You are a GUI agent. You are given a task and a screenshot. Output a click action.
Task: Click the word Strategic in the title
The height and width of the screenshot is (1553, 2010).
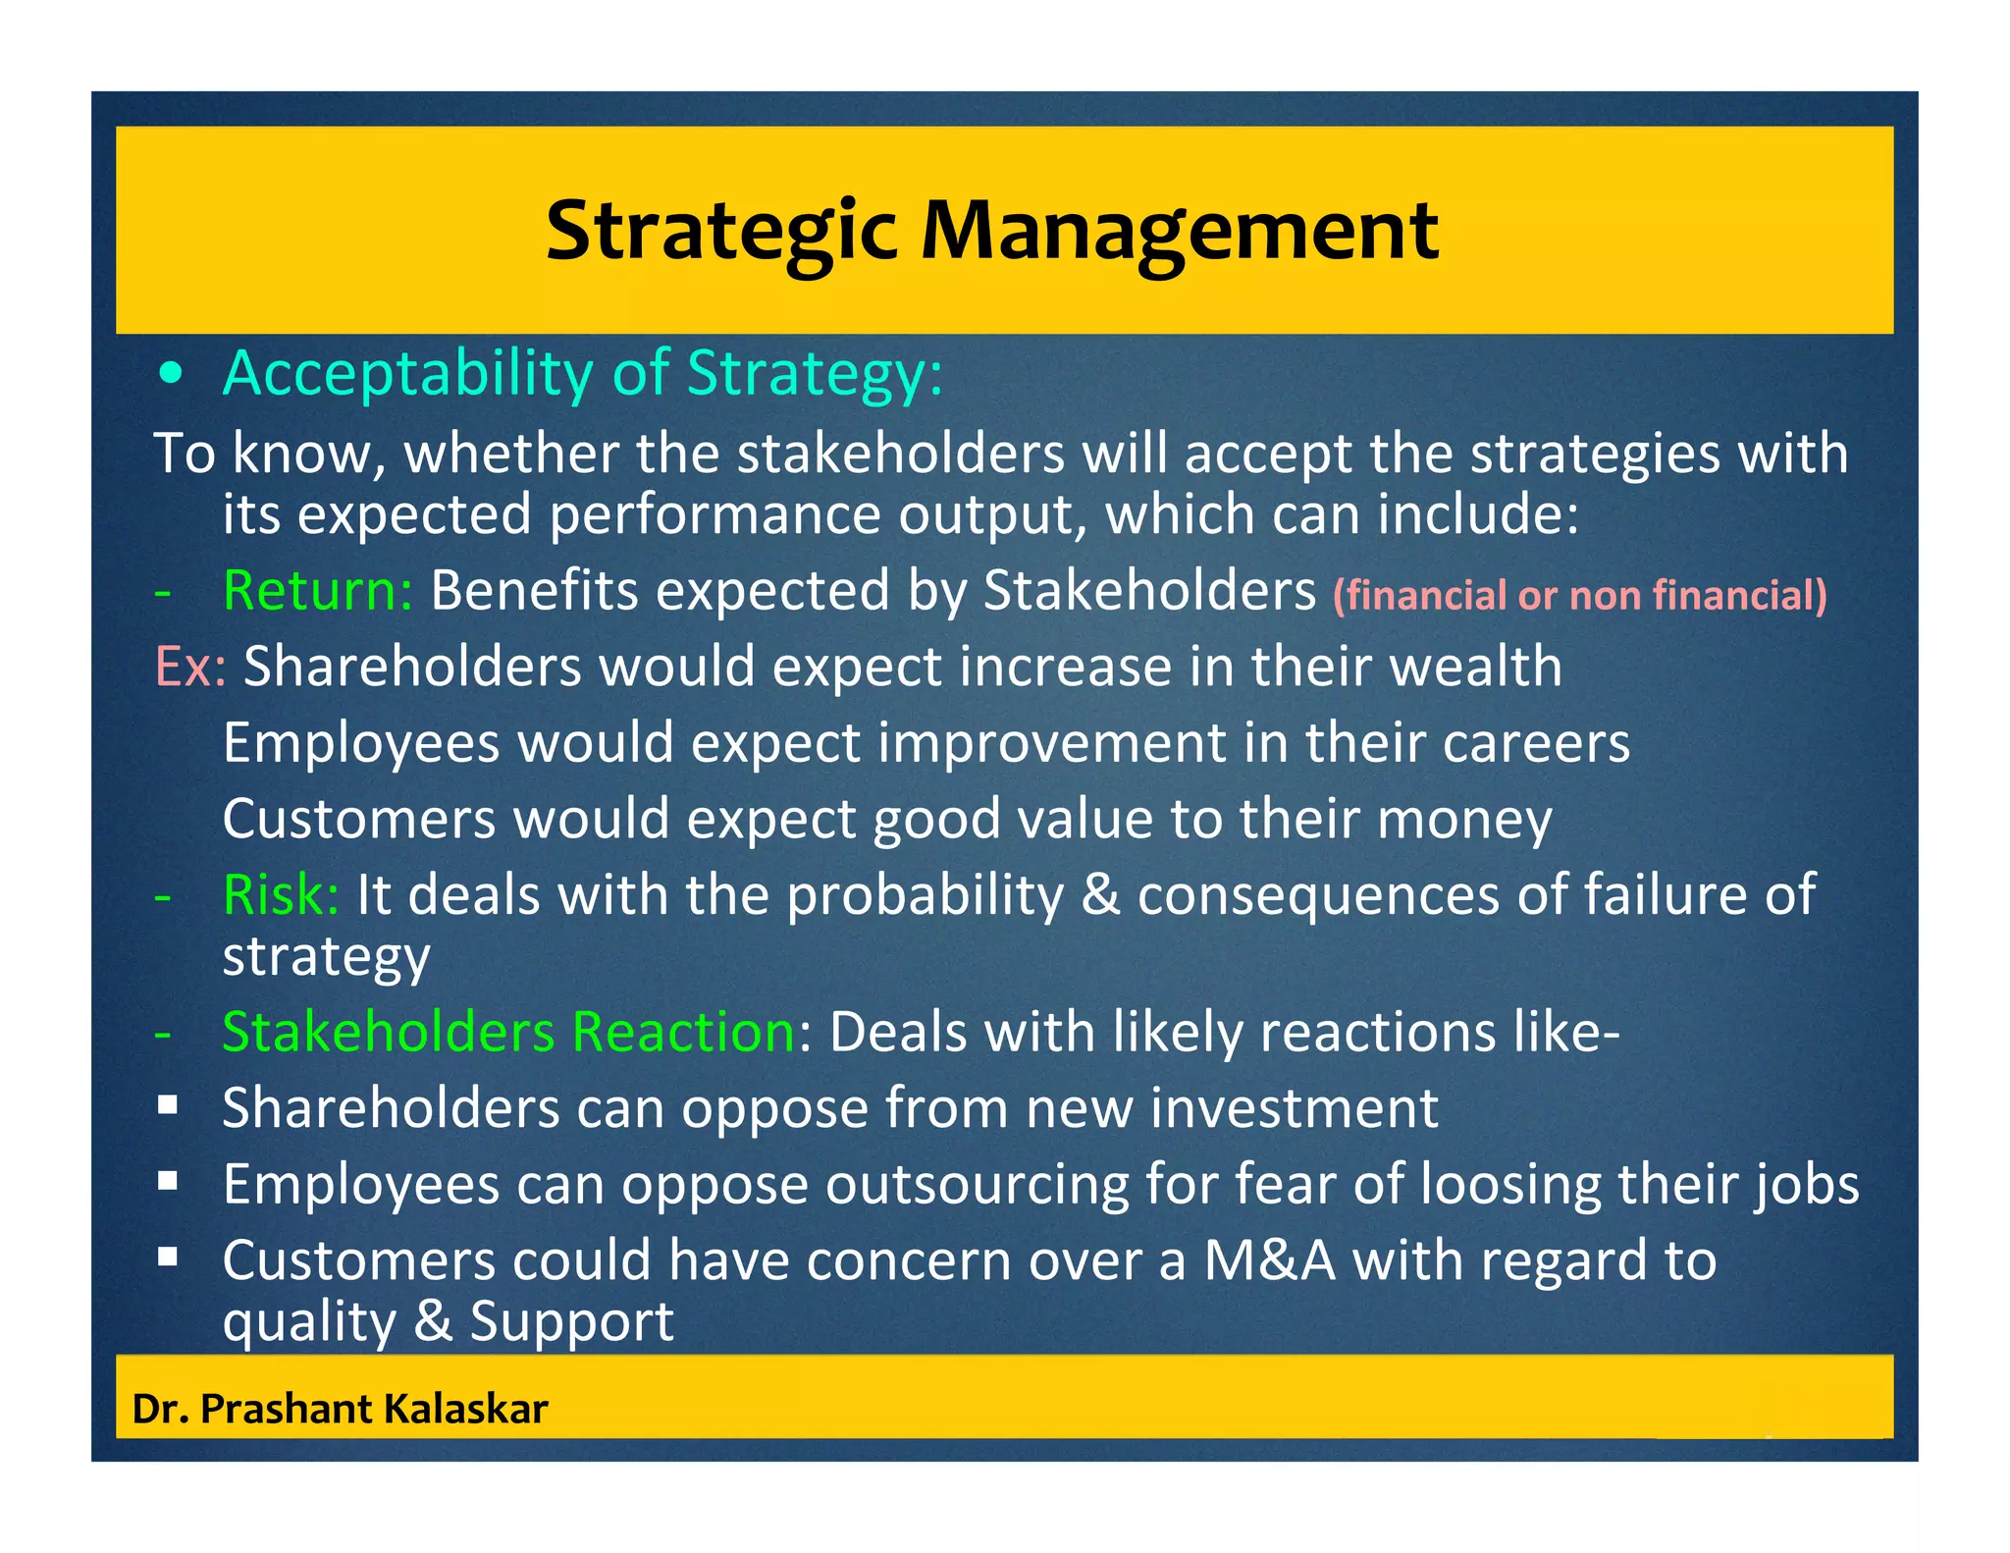pyautogui.click(x=720, y=232)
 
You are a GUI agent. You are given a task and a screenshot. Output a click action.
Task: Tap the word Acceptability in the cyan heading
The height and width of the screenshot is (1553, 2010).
pyautogui.click(x=408, y=374)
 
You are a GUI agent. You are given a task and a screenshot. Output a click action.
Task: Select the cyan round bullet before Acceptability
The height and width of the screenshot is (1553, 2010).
pyautogui.click(x=172, y=374)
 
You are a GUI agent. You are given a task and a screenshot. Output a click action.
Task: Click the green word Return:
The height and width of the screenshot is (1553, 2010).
pyautogui.click(x=318, y=591)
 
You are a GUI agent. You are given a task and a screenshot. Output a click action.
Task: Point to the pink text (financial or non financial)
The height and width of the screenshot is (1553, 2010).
pyautogui.click(x=1579, y=596)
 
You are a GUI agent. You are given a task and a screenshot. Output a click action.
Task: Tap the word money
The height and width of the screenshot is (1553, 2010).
pyautogui.click(x=1464, y=820)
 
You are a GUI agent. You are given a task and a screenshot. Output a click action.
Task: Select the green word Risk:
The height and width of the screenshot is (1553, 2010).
pyautogui.click(x=281, y=895)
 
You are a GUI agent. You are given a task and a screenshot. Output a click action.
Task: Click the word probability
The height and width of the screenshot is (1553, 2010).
pyautogui.click(x=925, y=895)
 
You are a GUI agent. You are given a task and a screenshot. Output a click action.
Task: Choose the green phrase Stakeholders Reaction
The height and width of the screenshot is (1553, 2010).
pyautogui.click(x=508, y=1033)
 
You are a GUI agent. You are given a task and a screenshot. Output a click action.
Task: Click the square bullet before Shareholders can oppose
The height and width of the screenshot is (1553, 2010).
pyautogui.click(x=168, y=1106)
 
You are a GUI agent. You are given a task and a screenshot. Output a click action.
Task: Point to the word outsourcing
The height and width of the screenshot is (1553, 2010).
pyautogui.click(x=977, y=1184)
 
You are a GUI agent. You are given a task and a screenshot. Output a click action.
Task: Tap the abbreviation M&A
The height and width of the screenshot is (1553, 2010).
pyautogui.click(x=1269, y=1260)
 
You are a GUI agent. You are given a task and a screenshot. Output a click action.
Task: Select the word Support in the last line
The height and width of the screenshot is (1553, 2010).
pyautogui.click(x=571, y=1321)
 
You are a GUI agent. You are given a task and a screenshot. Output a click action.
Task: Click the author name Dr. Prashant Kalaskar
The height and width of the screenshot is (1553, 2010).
pyautogui.click(x=340, y=1410)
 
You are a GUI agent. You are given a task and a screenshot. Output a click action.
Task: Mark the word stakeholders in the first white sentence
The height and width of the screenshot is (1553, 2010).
pyautogui.click(x=900, y=455)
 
